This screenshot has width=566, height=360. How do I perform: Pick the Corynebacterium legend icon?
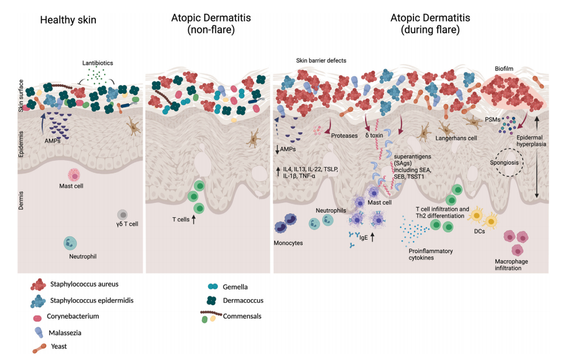pos(38,317)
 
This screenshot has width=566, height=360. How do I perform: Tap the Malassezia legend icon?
pos(39,332)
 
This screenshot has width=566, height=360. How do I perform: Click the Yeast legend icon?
pos(39,347)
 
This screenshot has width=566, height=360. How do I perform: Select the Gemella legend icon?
pos(213,287)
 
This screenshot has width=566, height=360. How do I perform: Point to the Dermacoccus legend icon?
pos(213,300)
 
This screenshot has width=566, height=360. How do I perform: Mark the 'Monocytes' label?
pos(288,243)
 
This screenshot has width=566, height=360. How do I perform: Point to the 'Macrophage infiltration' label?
pos(512,265)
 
